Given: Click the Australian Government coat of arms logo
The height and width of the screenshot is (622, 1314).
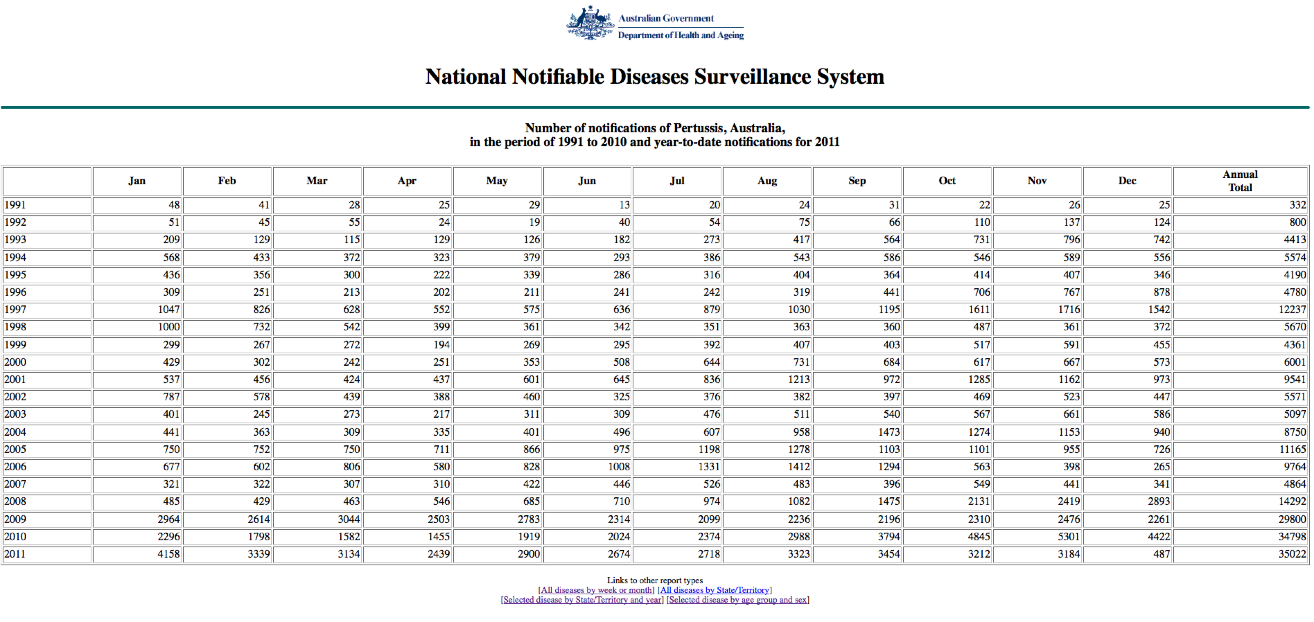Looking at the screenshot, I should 590,23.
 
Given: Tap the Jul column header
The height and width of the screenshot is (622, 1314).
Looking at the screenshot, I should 677,181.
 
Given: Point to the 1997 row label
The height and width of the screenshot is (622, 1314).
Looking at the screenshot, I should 15,310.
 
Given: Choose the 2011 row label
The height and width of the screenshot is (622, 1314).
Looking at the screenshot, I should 15,554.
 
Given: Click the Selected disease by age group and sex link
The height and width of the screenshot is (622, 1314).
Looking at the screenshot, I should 738,600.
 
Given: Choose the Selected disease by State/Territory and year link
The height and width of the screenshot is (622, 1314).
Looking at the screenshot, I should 582,600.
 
